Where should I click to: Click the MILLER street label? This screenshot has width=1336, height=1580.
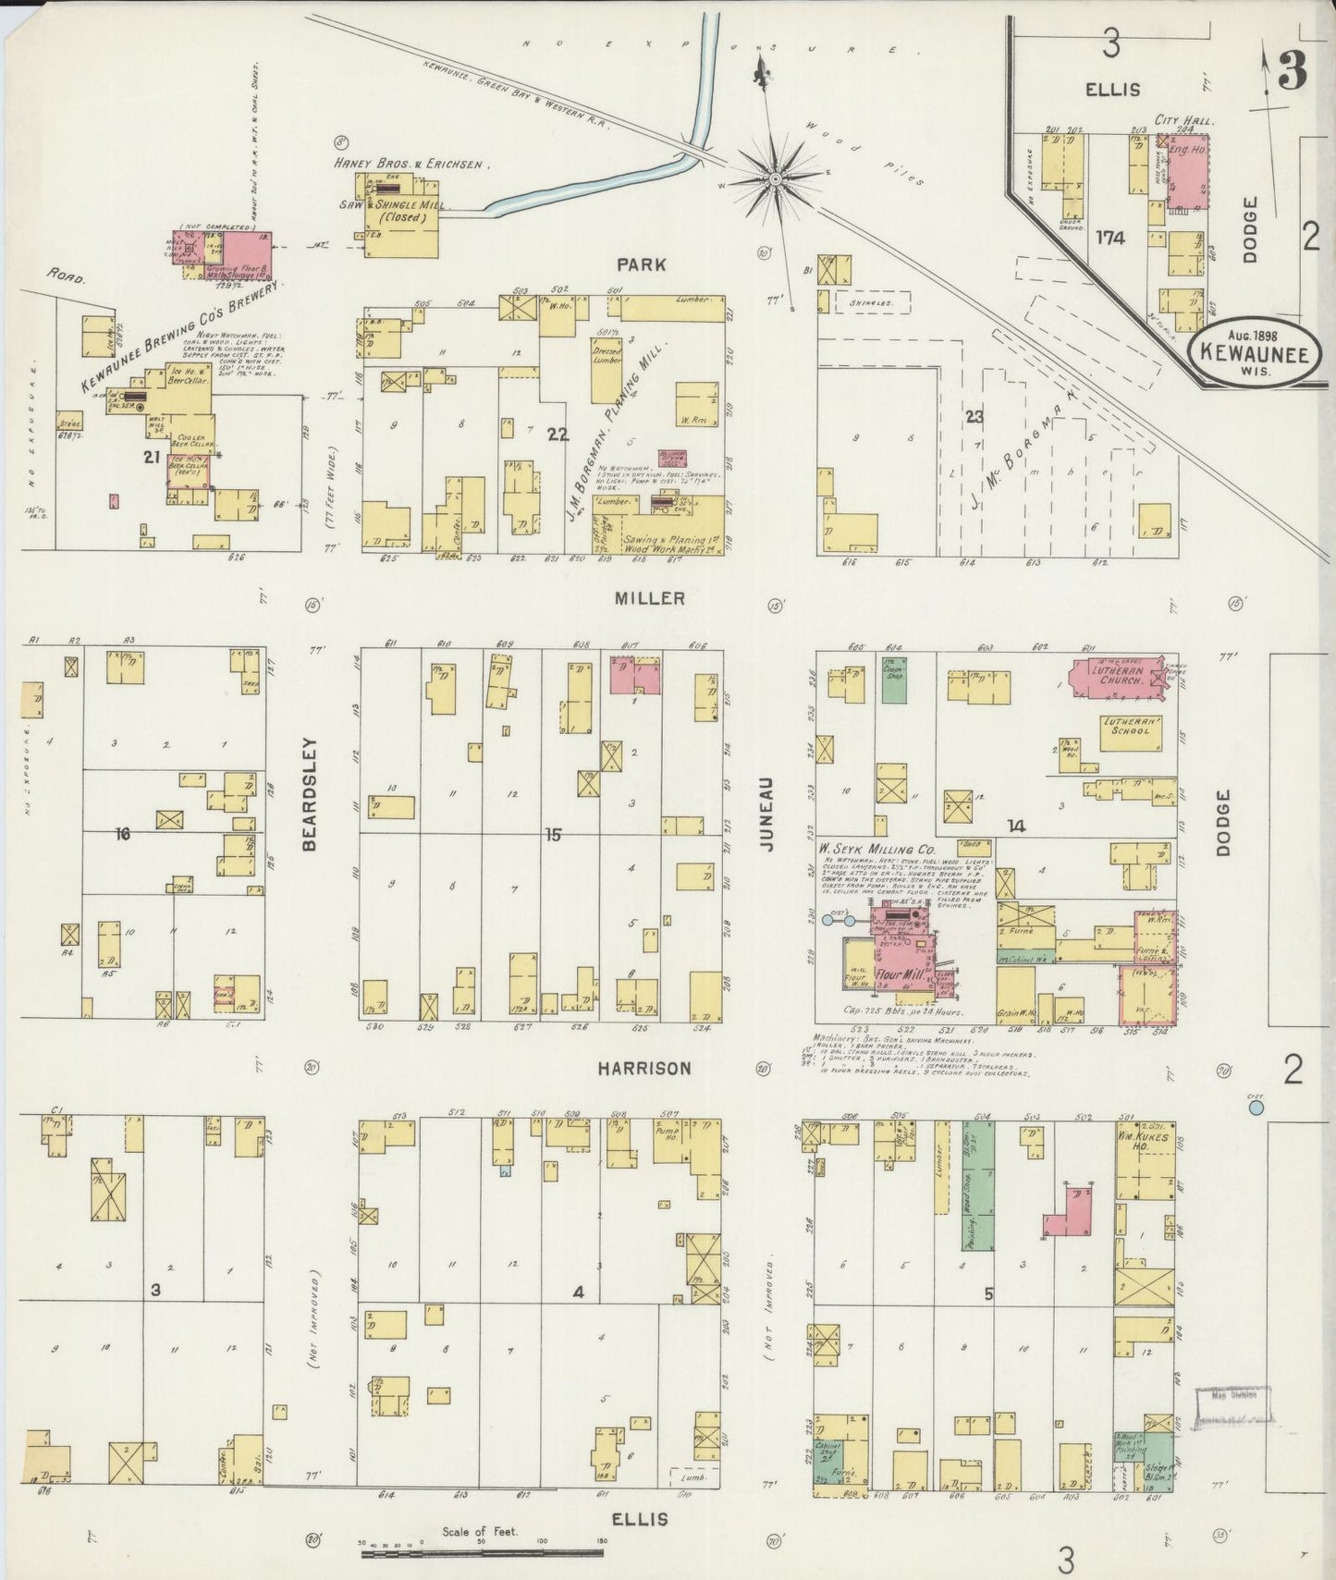650,598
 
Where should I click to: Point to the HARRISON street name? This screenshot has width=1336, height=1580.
643,1068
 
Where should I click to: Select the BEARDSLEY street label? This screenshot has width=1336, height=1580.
310,793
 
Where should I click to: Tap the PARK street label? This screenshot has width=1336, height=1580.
643,264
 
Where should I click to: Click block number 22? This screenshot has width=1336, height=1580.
557,435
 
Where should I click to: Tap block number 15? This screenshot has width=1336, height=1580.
552,835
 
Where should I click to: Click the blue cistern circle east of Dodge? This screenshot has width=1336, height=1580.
1255,1106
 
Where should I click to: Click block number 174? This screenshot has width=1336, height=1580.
1109,238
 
